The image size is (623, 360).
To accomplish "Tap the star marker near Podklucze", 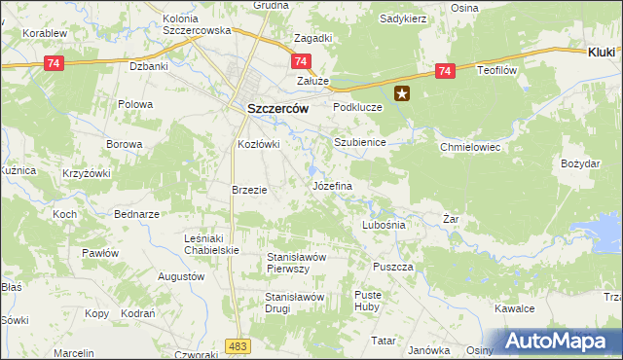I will [x=403, y=94].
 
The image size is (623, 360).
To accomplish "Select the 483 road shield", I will [x=236, y=345].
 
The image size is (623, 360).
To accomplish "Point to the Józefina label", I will [x=331, y=185].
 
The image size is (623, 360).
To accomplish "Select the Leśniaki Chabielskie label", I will [x=211, y=243].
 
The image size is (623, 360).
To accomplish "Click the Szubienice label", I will [x=360, y=142].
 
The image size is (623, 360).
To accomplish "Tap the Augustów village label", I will [x=181, y=276].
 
